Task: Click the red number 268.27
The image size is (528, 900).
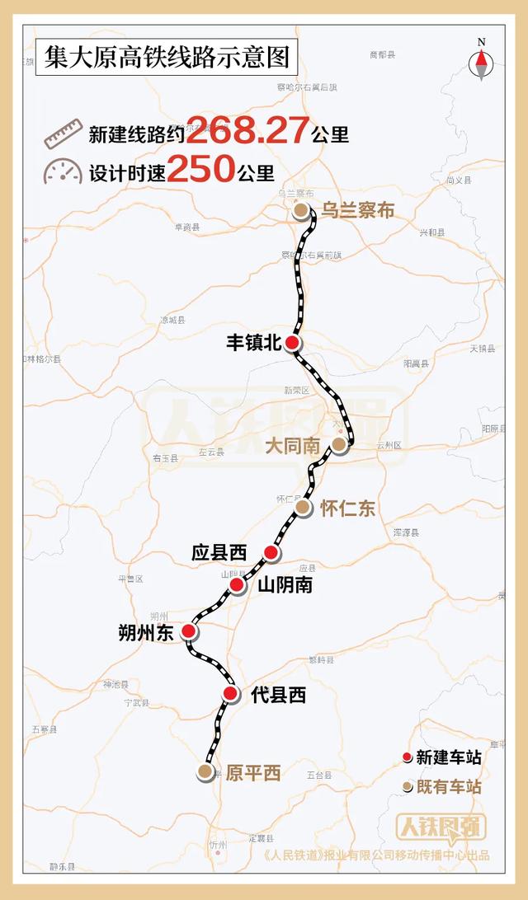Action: pos(248,130)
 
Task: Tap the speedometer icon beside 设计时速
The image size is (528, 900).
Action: pos(64,171)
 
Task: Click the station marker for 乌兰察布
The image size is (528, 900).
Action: pos(302,211)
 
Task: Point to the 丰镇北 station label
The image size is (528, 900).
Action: pos(254,344)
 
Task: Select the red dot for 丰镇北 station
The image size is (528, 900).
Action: pos(294,344)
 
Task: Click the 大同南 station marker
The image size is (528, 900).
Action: pos(338,445)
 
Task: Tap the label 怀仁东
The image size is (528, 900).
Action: pos(347,509)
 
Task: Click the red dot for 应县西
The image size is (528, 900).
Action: pos(271,552)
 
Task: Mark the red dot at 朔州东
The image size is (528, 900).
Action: pos(189,632)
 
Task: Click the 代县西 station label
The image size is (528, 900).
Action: pos(278,695)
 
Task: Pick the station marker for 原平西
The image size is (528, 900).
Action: pos(205,772)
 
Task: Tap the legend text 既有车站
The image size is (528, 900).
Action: pos(449,787)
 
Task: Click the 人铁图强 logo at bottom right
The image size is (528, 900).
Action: pos(441,827)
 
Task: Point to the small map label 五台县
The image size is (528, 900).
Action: pos(318,776)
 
